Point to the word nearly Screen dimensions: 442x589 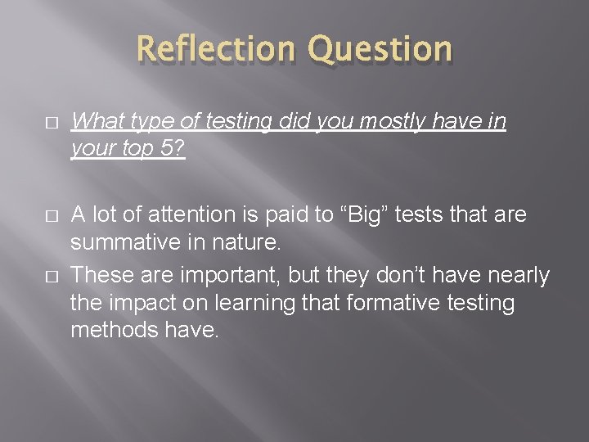(x=519, y=276)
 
